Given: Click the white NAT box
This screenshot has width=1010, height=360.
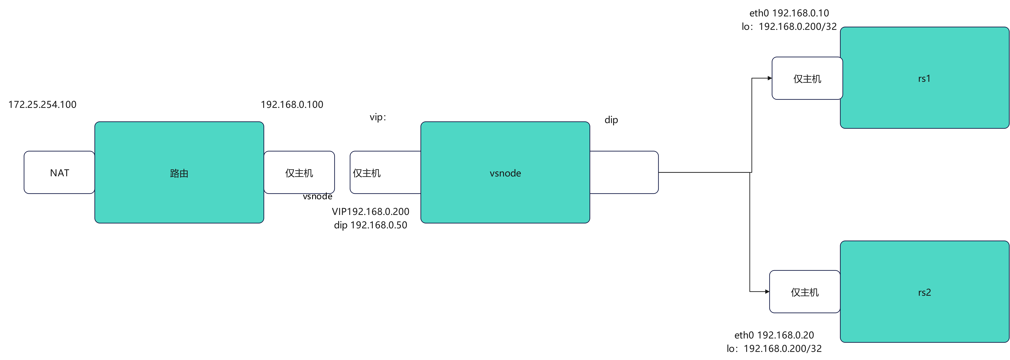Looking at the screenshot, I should tap(59, 173).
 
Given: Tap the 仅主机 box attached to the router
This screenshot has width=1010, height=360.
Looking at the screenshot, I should tap(299, 173).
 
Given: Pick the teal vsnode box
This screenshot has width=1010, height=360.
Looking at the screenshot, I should tap(505, 173).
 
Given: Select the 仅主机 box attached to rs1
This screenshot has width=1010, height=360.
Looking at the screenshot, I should tap(807, 78).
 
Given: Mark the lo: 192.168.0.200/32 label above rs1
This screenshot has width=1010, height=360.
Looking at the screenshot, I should tap(789, 27).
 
